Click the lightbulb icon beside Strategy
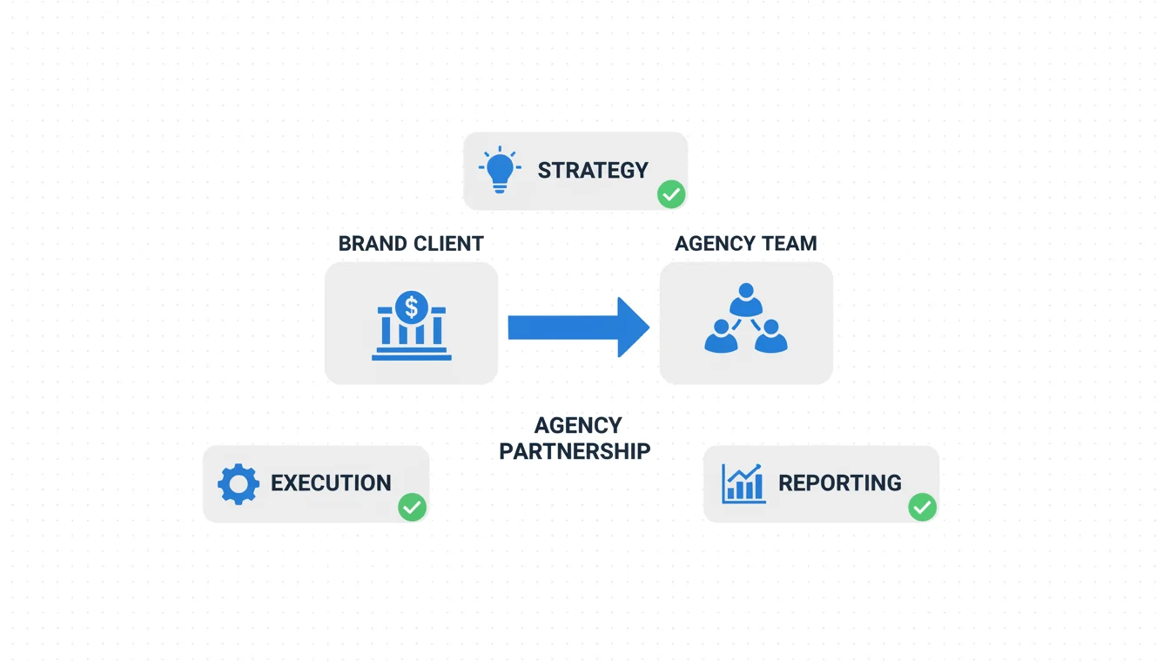(x=500, y=170)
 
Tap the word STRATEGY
(x=593, y=170)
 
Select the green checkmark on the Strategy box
(x=671, y=194)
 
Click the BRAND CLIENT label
(x=411, y=243)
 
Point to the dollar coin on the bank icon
(x=412, y=307)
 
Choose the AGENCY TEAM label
(x=746, y=243)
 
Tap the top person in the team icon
(x=746, y=300)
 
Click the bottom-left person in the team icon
(x=721, y=336)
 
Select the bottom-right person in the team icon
(x=771, y=336)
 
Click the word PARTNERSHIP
(x=575, y=451)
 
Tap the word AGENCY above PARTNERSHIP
(x=578, y=425)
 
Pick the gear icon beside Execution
(x=239, y=484)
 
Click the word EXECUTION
(x=331, y=483)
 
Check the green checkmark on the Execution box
(x=412, y=507)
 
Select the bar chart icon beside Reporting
(x=743, y=483)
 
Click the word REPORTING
(x=840, y=483)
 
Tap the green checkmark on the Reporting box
(x=922, y=507)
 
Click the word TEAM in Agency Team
(x=790, y=243)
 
